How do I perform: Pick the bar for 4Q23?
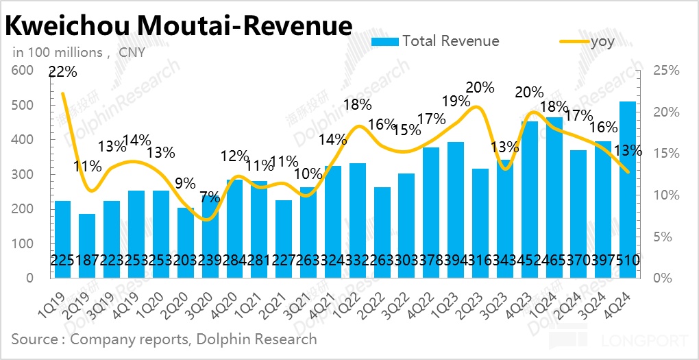529,199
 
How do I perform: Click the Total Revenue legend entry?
435,41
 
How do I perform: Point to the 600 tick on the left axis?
23,71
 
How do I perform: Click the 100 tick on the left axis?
23,243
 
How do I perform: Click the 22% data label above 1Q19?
62,71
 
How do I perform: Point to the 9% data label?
185,183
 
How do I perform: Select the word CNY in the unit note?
132,52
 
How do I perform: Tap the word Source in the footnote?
34,339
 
